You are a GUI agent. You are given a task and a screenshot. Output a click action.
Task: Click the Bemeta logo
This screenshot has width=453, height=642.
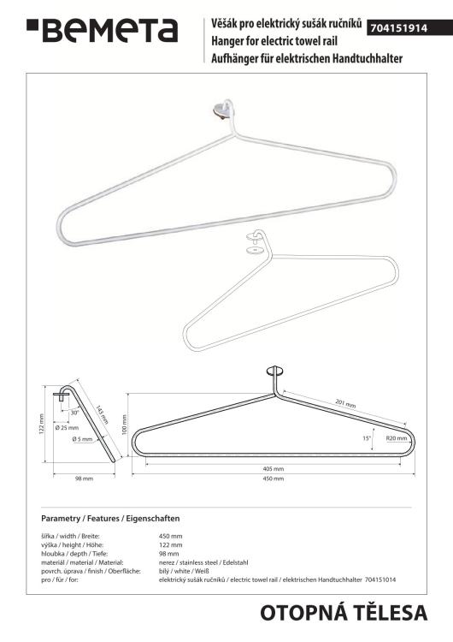click(102, 30)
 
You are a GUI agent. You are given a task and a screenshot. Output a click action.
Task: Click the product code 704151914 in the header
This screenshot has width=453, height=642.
click(404, 28)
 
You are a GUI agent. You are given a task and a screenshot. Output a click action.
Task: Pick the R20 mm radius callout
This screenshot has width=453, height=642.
click(396, 438)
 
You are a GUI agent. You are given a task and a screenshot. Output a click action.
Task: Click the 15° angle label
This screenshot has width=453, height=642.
click(366, 438)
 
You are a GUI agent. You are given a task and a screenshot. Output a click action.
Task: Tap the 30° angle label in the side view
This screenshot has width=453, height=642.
click(74, 412)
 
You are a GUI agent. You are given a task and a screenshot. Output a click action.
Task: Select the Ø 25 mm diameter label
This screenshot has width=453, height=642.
click(68, 427)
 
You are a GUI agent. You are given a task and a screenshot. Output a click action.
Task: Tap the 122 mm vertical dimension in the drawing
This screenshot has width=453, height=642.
click(40, 425)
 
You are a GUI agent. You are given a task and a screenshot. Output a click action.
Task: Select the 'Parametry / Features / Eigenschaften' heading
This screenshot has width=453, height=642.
click(110, 519)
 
